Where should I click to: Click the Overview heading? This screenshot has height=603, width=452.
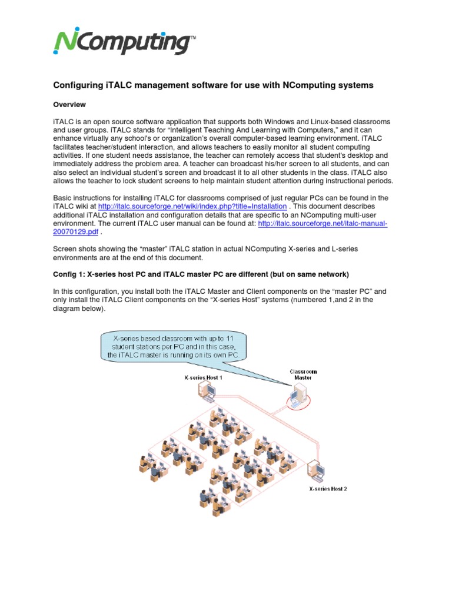tap(69, 105)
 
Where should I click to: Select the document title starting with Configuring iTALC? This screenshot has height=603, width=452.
tap(213, 85)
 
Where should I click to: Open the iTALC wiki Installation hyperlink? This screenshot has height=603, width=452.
tap(192, 207)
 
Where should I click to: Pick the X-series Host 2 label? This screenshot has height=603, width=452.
tap(328, 489)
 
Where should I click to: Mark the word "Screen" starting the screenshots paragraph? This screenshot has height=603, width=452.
tap(65, 249)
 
